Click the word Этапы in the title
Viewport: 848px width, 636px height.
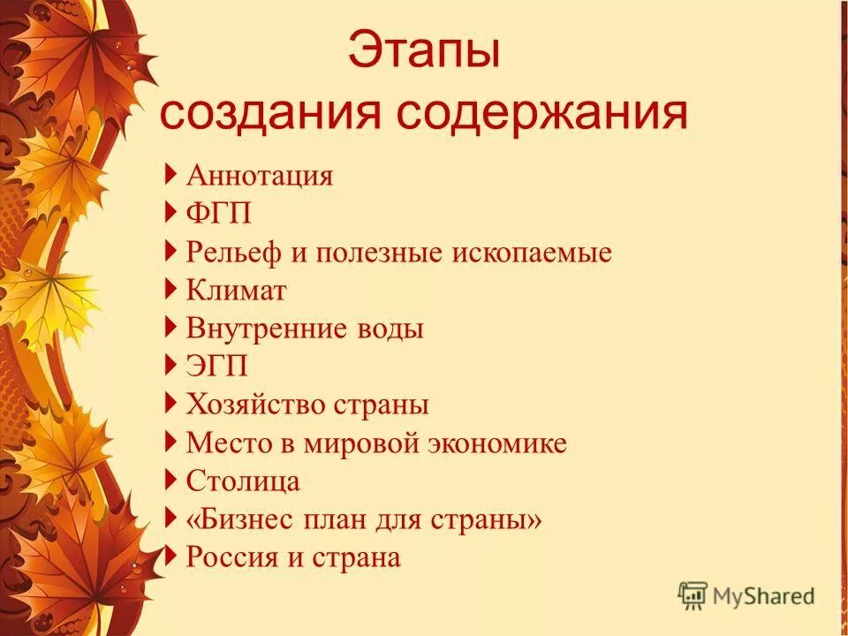423,52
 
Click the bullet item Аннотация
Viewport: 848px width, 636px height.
260,175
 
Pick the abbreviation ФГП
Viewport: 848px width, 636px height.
213,214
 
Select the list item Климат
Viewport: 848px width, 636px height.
237,291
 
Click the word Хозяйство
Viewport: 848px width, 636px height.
256,405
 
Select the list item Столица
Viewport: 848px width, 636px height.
243,481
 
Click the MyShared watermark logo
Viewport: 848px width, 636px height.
746,596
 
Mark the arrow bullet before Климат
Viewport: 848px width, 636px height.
170,289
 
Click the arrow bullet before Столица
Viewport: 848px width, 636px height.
170,480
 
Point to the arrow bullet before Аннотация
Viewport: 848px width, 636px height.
170,174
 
